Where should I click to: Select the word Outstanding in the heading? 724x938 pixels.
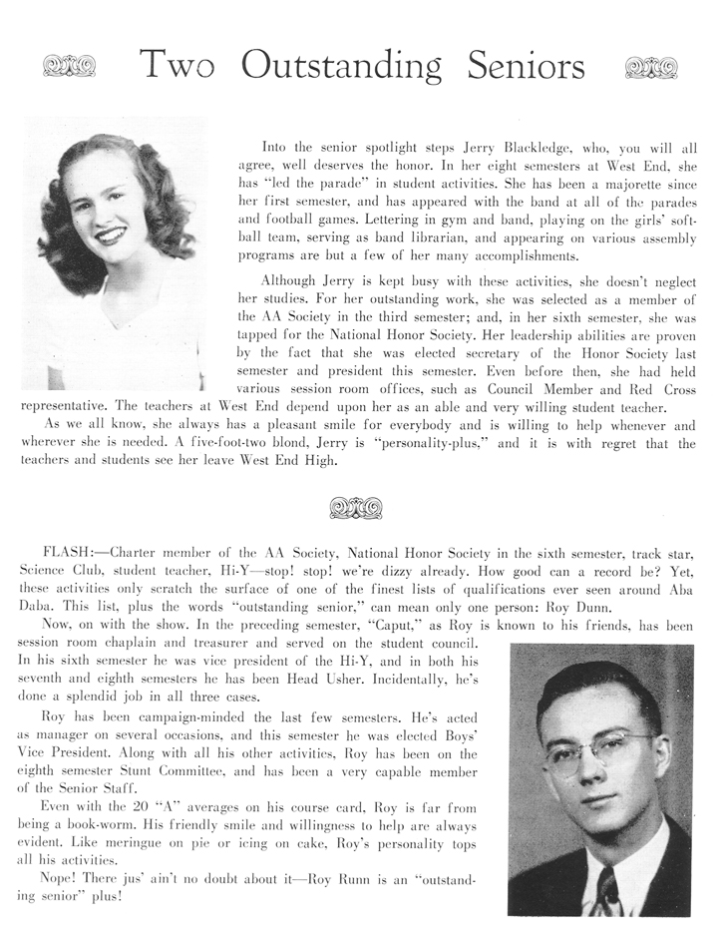[341, 66]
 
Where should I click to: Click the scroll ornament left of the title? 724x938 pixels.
[69, 67]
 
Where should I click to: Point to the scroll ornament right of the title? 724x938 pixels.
[650, 67]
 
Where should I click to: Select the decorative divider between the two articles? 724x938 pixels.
[356, 508]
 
